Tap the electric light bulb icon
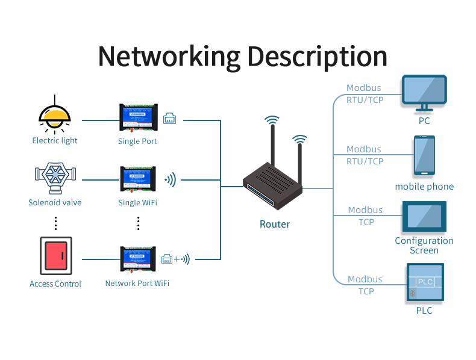tap(55, 115)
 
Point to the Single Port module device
tap(138, 119)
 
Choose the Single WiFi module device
tap(138, 180)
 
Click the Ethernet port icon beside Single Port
tap(170, 119)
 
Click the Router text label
tap(275, 224)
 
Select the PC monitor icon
tap(425, 93)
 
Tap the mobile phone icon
tap(424, 156)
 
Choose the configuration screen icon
tap(424, 217)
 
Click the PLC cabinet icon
tap(424, 283)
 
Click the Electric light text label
tap(55, 141)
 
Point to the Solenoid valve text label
tap(55, 203)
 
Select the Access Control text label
tap(55, 284)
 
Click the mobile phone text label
tap(424, 187)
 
